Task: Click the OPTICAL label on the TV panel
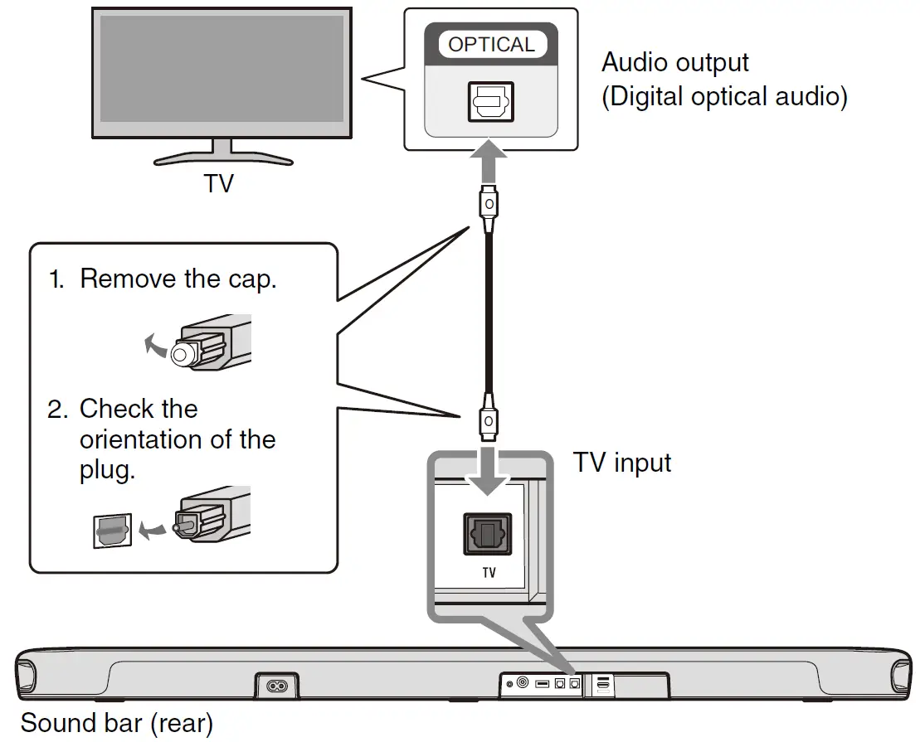491,45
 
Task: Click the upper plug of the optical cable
489,204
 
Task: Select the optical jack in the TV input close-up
488,534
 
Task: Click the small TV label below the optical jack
489,573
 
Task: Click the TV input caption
622,462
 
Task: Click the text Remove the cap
178,279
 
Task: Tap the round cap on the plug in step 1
181,356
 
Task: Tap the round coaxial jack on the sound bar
523,683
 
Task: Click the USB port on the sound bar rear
543,684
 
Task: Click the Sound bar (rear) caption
116,723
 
